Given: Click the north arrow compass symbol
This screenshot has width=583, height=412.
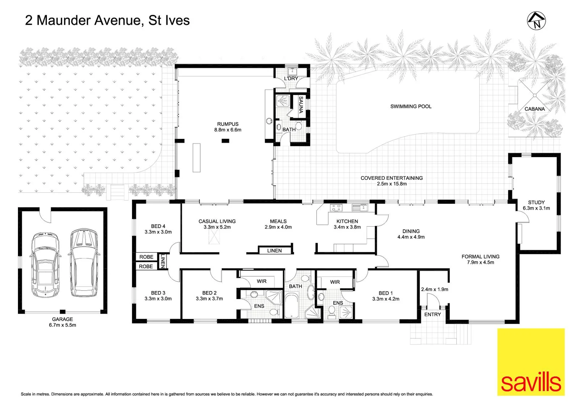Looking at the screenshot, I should tap(536, 21).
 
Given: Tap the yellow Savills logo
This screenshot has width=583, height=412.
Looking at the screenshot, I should tap(531, 362).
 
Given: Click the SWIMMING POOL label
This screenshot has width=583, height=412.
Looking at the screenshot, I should tap(411, 106).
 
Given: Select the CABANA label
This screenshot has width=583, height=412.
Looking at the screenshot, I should tap(535, 109).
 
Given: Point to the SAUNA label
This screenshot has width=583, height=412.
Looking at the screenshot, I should tap(301, 105).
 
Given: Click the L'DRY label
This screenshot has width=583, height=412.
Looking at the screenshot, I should tap(291, 79).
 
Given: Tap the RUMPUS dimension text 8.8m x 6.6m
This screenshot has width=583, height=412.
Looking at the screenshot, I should tap(228, 130).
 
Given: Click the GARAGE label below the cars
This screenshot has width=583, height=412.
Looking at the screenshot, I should tap(63, 319).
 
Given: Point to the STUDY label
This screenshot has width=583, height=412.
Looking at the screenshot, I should tap(536, 203).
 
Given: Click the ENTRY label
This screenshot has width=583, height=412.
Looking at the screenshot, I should tap(432, 315).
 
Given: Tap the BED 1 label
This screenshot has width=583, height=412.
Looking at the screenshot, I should tap(386, 293).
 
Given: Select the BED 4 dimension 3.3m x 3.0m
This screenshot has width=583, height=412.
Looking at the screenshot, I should tap(158, 232).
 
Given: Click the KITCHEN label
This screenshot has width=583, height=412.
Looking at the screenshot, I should tap(347, 221).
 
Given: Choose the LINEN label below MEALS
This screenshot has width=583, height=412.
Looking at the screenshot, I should tap(274, 251).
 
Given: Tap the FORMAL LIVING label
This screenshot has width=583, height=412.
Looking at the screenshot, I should tap(480, 257).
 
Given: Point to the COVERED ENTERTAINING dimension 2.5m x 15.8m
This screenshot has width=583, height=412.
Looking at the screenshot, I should tap(391, 184).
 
